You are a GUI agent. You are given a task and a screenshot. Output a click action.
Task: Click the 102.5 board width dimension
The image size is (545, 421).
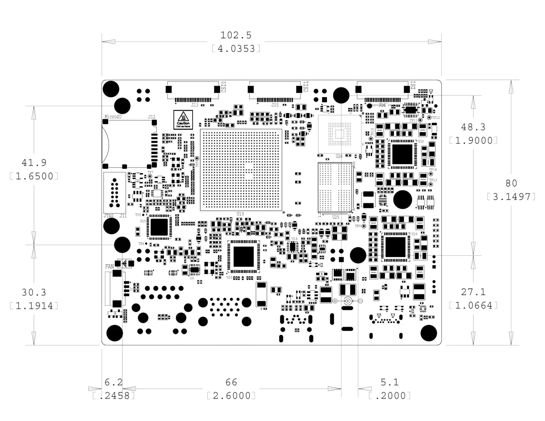point(236,35)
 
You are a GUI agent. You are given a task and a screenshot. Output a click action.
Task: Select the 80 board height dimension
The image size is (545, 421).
point(511,183)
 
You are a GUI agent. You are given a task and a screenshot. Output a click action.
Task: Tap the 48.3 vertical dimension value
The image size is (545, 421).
point(473,127)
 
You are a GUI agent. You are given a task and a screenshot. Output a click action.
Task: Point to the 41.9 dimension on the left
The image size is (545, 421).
point(34,163)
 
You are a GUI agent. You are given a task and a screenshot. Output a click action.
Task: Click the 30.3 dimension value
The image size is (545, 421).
point(34,292)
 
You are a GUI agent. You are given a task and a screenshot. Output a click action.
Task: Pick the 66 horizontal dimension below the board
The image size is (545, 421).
point(231,382)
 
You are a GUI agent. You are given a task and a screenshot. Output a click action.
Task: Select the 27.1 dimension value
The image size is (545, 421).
point(473,292)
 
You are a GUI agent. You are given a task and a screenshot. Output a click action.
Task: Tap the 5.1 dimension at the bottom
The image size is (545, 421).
point(390,382)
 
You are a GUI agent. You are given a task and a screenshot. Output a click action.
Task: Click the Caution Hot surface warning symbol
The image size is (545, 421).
point(183,120)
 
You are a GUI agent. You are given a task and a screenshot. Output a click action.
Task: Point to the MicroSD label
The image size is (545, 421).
point(113,117)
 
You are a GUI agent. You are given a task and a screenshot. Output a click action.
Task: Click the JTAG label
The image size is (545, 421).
point(108,216)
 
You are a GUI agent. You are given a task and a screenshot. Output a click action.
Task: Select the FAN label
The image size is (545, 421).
point(109,266)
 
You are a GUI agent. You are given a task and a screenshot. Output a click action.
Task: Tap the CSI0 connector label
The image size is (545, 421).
point(224,87)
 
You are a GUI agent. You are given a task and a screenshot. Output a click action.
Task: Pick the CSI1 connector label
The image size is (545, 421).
point(306,87)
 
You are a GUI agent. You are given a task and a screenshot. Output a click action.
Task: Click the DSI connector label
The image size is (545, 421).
point(413,85)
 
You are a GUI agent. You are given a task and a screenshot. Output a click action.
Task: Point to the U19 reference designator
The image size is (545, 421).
point(240,214)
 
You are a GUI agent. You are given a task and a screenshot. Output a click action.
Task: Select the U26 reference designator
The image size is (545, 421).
point(339,156)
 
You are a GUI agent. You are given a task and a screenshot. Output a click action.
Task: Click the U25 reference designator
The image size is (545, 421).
point(336,217)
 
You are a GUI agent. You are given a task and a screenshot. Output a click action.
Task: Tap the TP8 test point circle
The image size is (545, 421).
point(197,158)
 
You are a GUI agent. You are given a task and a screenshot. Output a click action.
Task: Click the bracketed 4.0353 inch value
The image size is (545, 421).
point(236,49)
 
